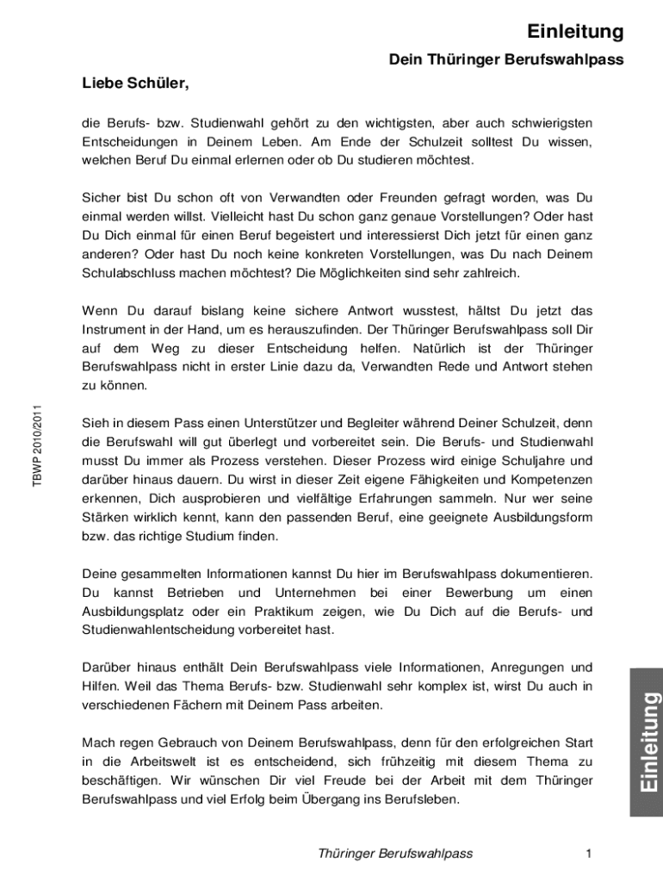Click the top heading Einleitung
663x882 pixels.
575,32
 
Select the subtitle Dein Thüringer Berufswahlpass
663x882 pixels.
506,60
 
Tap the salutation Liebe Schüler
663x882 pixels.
134,84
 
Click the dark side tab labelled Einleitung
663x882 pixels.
647,743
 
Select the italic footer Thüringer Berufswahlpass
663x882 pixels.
395,854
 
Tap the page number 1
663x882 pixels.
588,854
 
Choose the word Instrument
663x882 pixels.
118,329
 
